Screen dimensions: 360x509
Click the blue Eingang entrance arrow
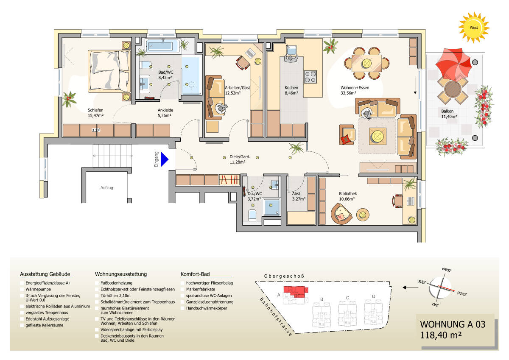click(164, 159)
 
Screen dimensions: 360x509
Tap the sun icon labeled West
click(473, 28)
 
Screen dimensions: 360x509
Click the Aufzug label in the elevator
click(107, 187)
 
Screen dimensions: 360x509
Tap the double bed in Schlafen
click(108, 71)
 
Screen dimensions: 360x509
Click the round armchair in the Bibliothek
click(341, 213)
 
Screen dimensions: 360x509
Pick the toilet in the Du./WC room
click(252, 215)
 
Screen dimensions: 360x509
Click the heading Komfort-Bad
click(195, 274)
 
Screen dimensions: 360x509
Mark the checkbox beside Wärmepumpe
click(22, 289)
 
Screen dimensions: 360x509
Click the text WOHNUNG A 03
click(452, 324)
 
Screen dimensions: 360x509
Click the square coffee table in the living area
click(375, 136)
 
